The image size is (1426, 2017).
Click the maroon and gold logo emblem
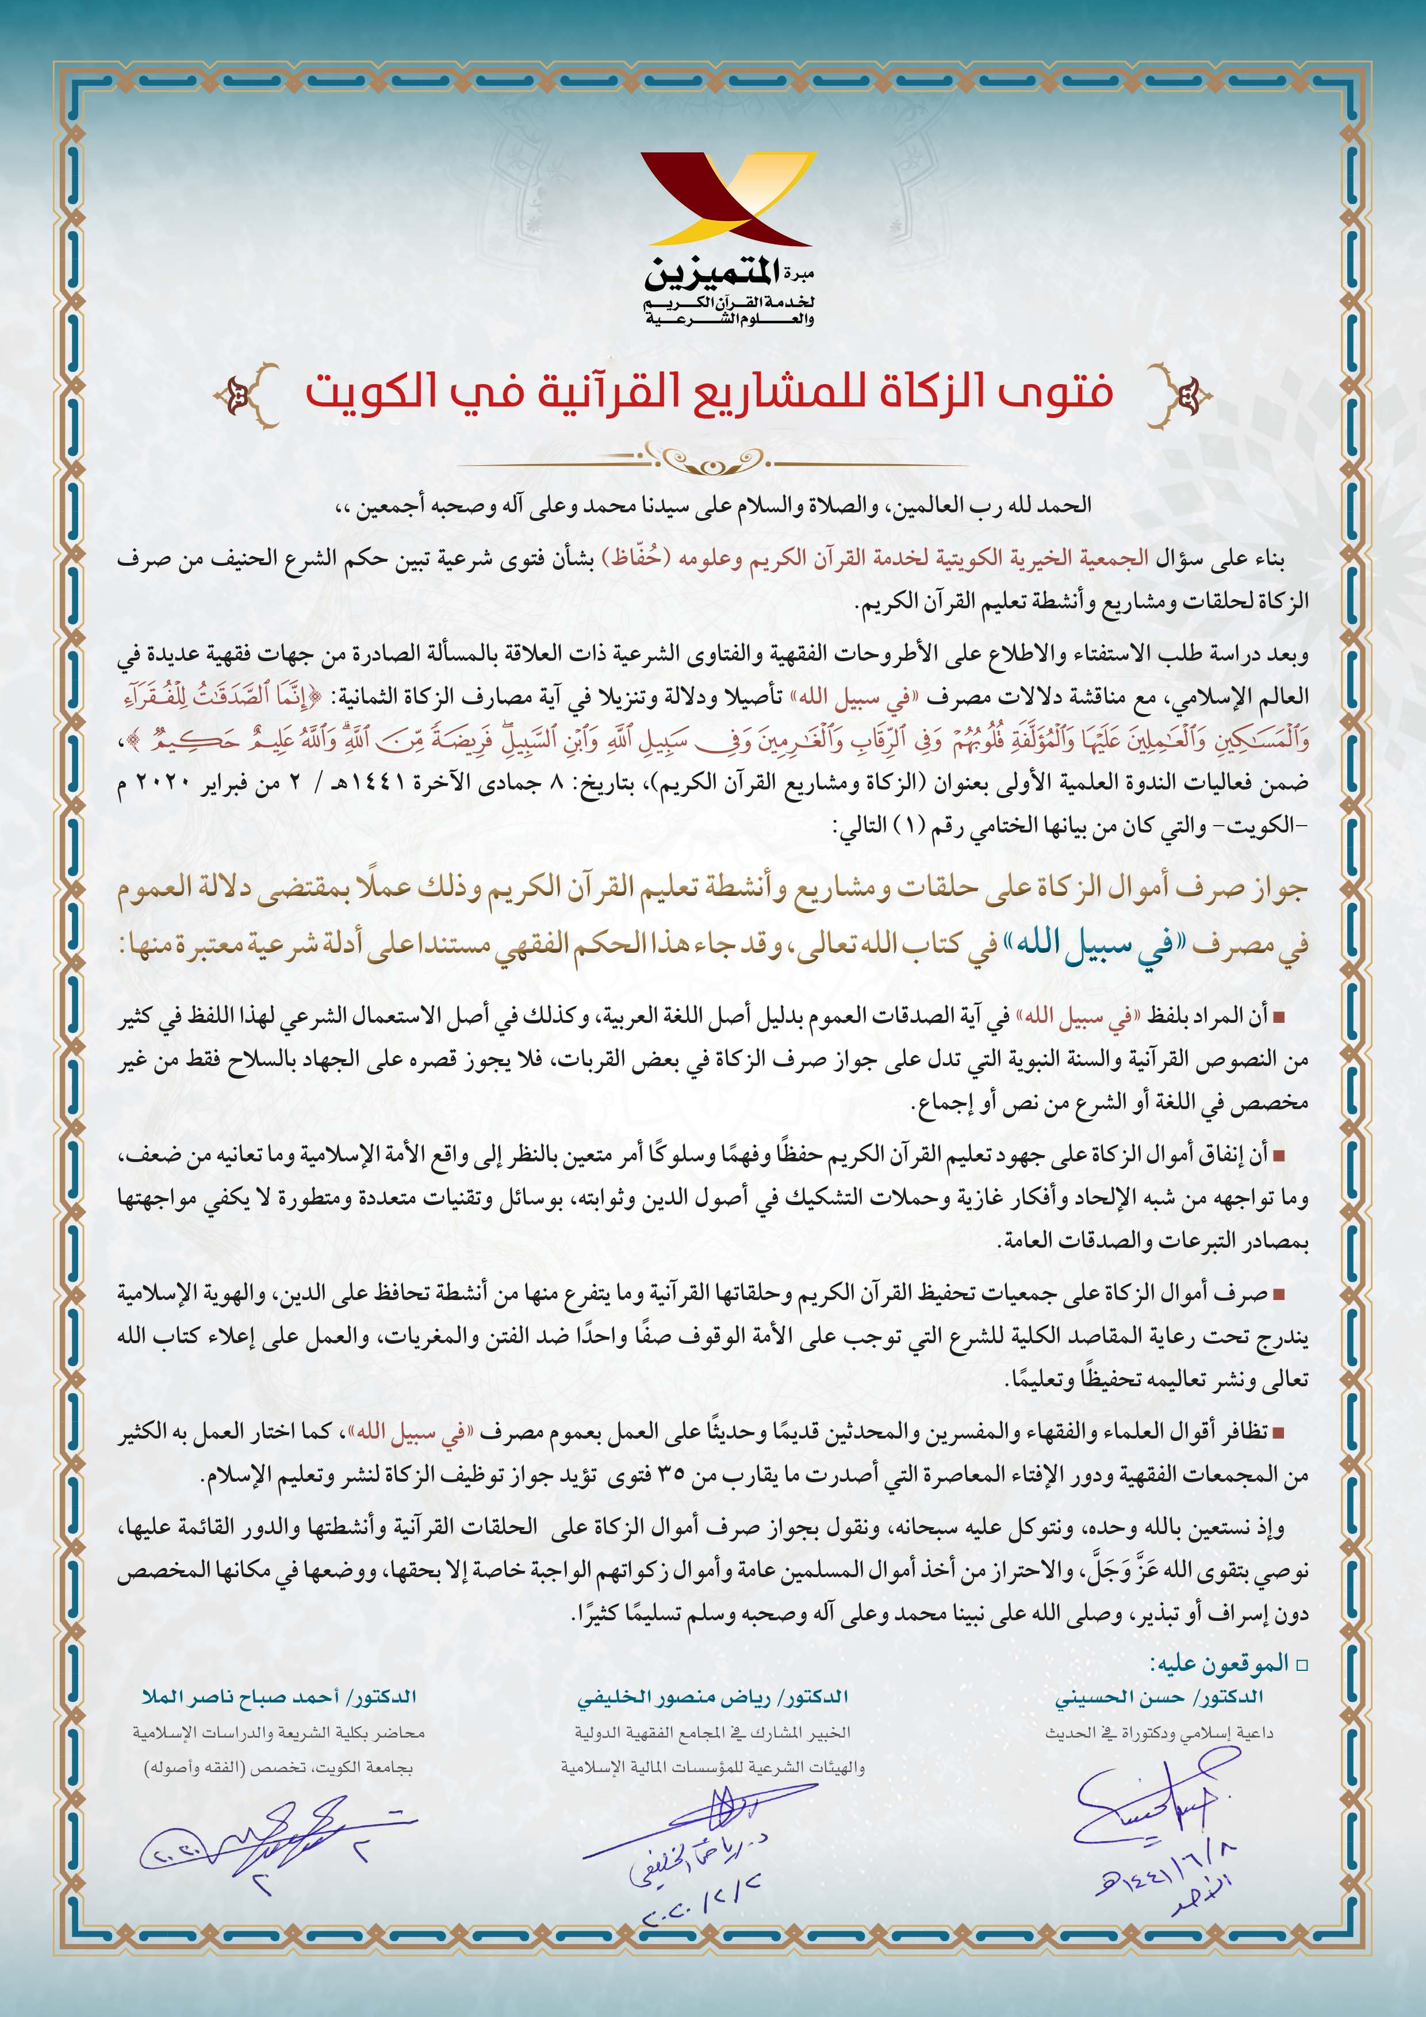click(x=727, y=200)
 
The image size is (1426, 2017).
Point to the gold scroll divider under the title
click(x=712, y=456)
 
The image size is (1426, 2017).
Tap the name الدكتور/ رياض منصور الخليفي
click(x=712, y=1696)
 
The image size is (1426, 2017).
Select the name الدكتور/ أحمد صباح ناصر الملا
click(x=279, y=1696)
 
